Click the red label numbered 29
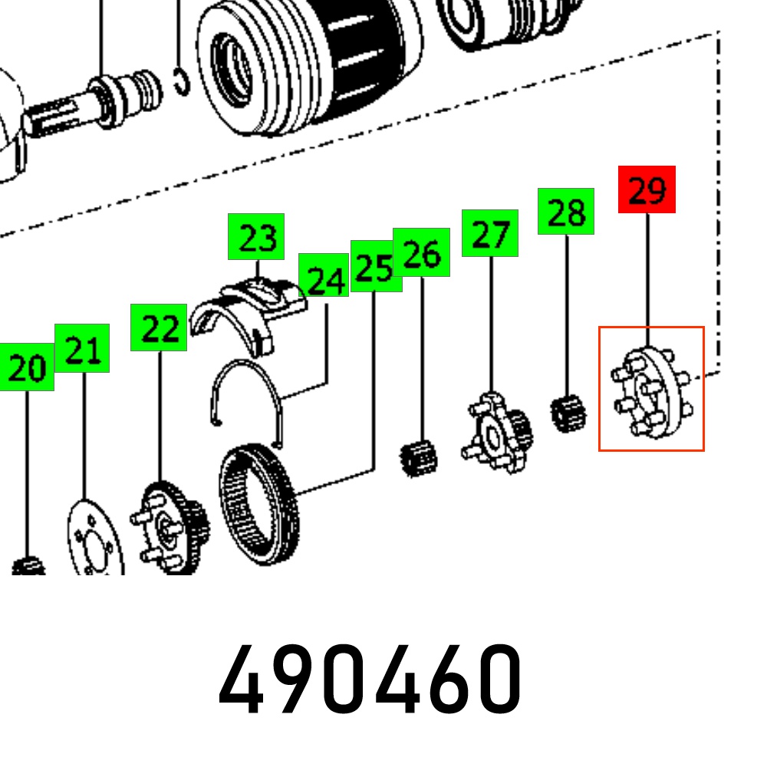click(647, 189)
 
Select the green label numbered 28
click(566, 212)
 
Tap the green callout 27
click(489, 233)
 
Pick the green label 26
click(421, 252)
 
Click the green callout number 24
click(324, 275)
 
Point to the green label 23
click(256, 237)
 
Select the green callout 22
click(159, 328)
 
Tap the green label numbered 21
click(82, 347)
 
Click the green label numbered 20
click(26, 367)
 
